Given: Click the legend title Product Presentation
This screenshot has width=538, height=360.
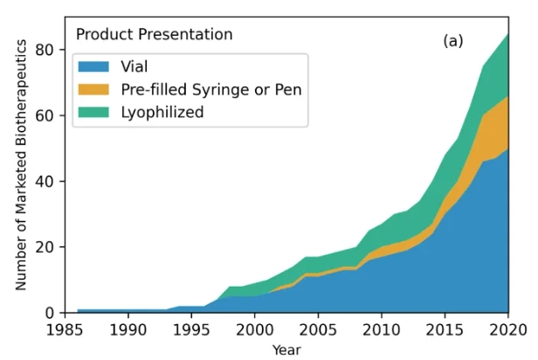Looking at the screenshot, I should [x=154, y=35].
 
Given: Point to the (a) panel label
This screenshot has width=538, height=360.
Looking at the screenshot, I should [x=453, y=41].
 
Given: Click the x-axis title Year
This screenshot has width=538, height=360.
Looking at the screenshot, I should [x=286, y=350].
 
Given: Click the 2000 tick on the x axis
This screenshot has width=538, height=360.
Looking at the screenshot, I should [x=254, y=329].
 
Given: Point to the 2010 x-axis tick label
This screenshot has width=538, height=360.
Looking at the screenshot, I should [x=381, y=329].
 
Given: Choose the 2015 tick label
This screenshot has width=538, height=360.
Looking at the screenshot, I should [x=445, y=329].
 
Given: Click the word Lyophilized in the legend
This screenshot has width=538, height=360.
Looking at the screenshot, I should [x=162, y=111].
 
